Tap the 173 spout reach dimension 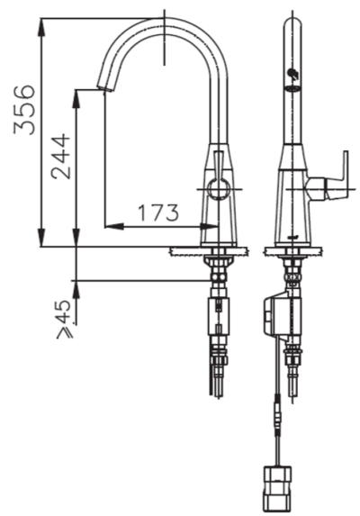click(x=158, y=213)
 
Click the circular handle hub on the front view click(x=216, y=188)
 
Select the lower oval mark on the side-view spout click(x=292, y=88)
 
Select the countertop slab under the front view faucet click(x=205, y=252)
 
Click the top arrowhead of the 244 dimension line click(x=77, y=95)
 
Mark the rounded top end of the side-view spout click(x=292, y=22)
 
